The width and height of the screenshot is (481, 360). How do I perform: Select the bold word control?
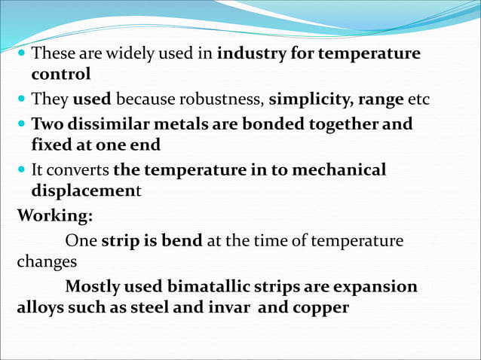(x=61, y=75)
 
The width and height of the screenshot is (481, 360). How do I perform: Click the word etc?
(x=418, y=99)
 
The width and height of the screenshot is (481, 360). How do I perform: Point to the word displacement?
(x=86, y=191)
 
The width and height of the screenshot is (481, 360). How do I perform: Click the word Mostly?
(x=92, y=287)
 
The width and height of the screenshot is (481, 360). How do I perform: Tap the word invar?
(x=229, y=307)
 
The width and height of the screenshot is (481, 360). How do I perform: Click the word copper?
(x=319, y=307)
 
